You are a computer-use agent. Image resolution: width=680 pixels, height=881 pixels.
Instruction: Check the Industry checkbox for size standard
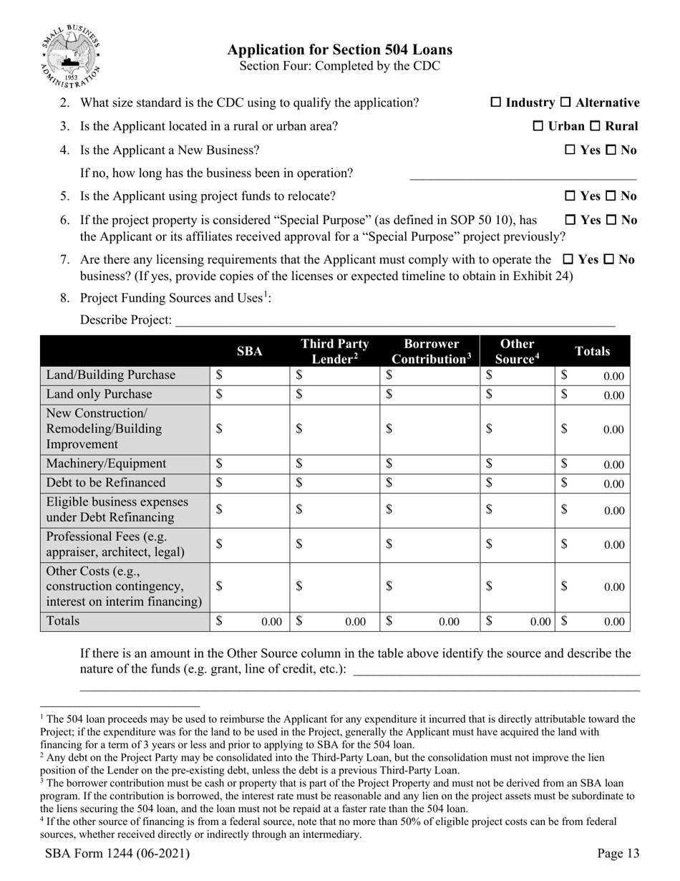point(495,103)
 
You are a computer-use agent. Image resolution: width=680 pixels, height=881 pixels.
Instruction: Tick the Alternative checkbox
point(565,103)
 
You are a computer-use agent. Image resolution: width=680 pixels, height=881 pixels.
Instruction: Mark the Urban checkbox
point(538,127)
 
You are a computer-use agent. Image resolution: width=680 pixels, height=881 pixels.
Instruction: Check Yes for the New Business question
point(570,150)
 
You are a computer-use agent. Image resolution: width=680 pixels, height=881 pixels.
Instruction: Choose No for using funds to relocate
point(611,196)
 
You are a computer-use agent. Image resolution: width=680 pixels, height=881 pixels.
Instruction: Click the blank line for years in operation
point(523,174)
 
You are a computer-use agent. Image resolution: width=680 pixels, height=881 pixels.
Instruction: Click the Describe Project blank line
point(394,320)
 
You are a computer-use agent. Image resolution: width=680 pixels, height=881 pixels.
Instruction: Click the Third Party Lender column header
point(334,351)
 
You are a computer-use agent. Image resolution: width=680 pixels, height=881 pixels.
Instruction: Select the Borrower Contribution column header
point(431,351)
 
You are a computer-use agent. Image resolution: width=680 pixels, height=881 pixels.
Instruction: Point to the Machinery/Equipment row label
point(106,464)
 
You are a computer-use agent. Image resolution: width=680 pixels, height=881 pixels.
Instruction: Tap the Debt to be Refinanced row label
point(105,483)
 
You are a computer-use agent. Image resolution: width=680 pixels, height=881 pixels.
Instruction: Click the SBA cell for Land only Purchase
point(250,395)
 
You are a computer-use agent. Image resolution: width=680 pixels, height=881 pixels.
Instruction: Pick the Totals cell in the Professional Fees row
point(593,544)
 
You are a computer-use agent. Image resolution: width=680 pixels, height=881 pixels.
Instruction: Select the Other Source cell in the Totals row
point(518,622)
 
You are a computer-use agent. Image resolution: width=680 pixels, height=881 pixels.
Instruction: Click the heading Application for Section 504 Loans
point(339,49)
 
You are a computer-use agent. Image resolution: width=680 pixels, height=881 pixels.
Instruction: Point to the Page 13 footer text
point(618,853)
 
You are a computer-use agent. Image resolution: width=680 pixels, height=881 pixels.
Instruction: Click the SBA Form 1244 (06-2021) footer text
point(117,853)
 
